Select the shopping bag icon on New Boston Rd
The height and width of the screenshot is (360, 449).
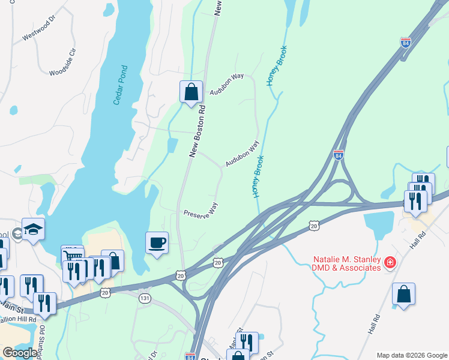[191, 92]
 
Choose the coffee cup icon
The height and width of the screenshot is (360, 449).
[157, 243]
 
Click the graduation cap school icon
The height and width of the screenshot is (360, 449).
[34, 229]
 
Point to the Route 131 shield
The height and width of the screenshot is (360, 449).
[144, 298]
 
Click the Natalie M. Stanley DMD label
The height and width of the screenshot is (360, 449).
[347, 263]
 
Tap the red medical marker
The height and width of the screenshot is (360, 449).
[390, 262]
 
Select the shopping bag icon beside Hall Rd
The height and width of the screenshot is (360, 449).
[404, 294]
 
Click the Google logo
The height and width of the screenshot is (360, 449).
[19, 353]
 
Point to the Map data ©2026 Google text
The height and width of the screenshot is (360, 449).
[412, 355]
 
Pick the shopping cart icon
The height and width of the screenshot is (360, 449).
[72, 256]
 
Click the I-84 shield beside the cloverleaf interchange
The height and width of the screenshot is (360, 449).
[339, 155]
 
